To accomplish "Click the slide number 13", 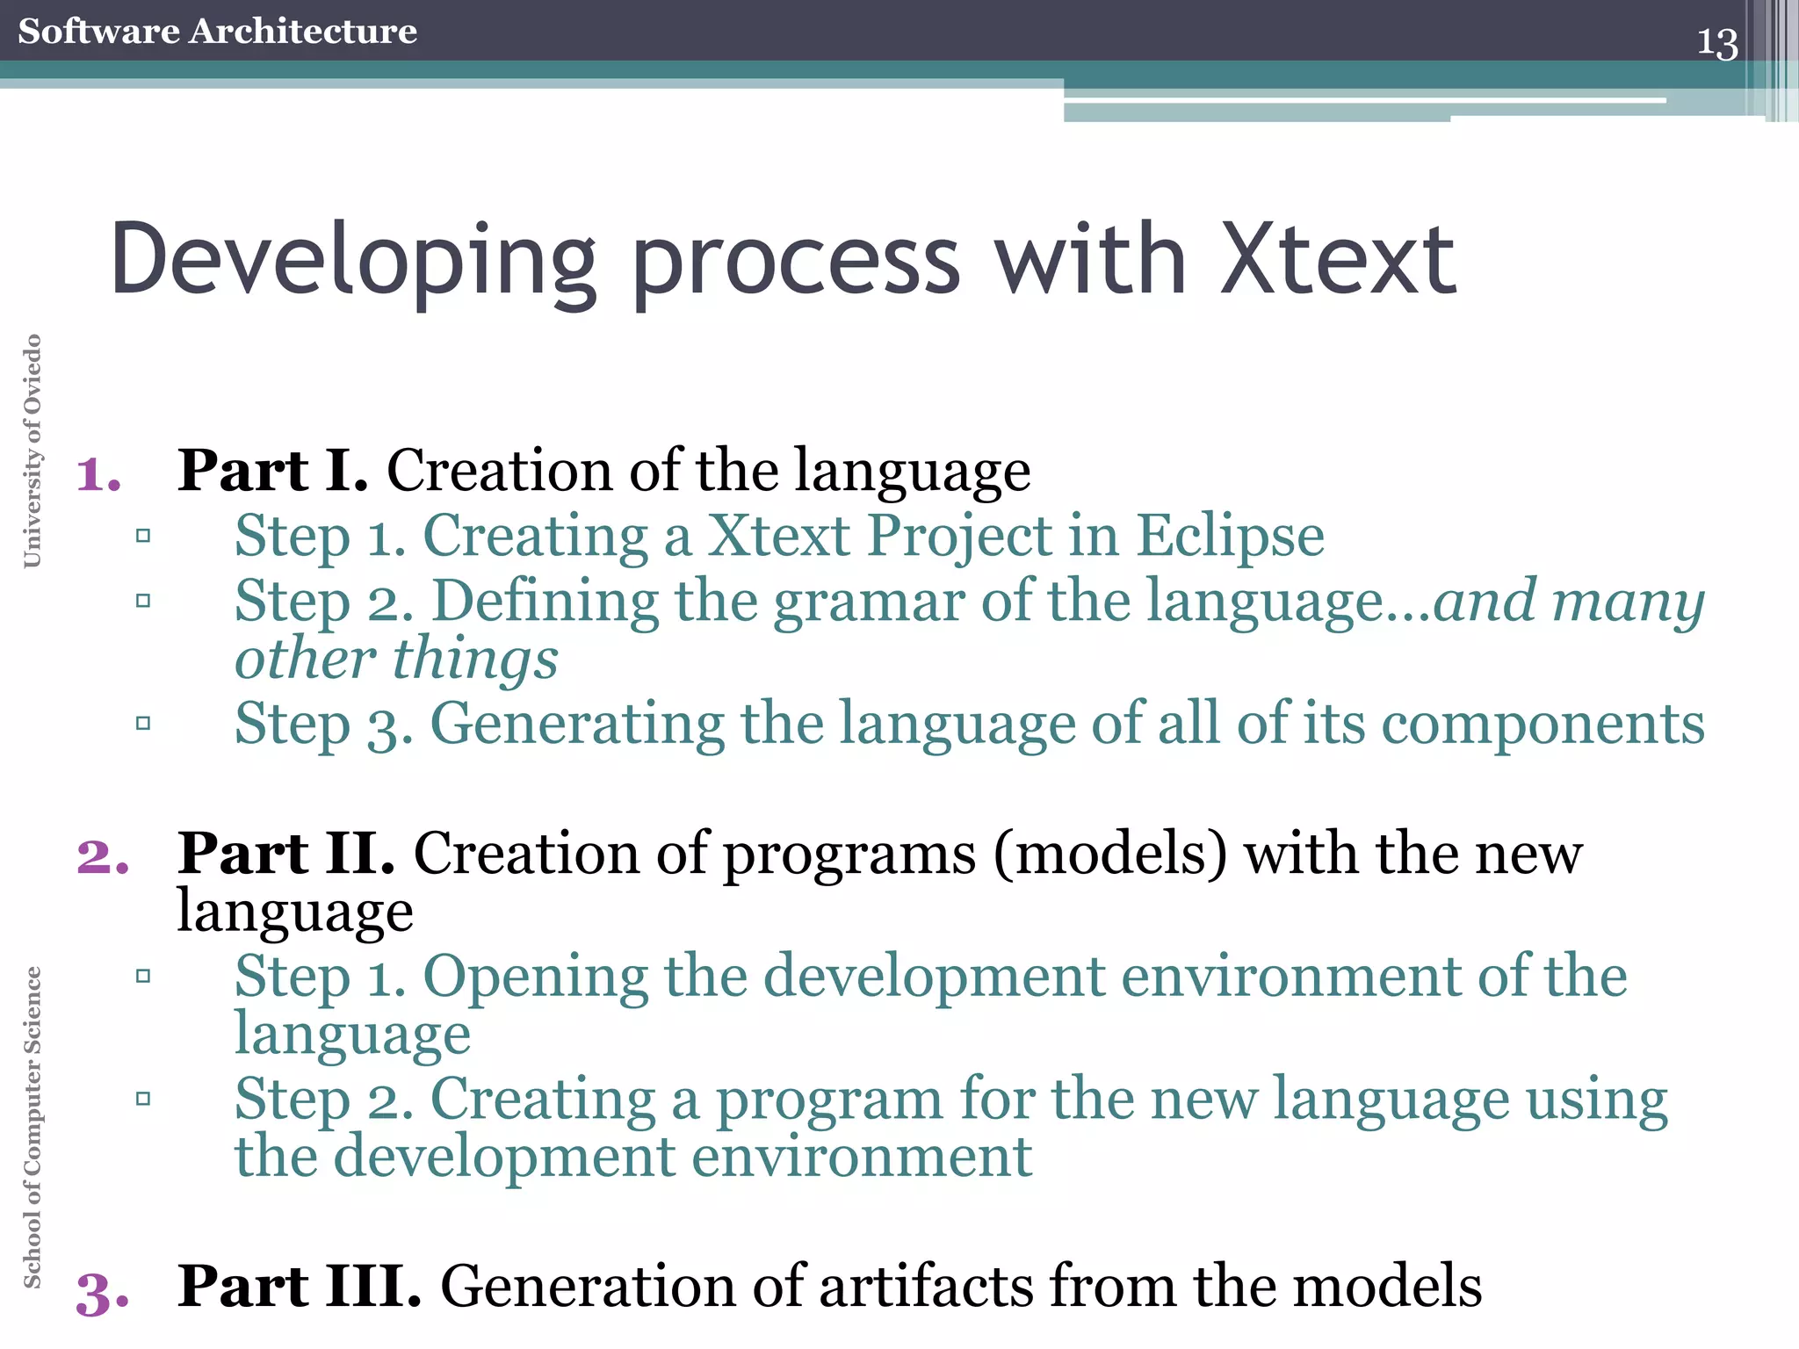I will click(x=1716, y=43).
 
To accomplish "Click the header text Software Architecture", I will click(x=217, y=32).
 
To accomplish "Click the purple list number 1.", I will click(x=98, y=475).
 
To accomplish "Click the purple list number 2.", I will click(x=102, y=857).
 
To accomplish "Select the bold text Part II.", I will click(x=285, y=854).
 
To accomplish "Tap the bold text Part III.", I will click(x=299, y=1287).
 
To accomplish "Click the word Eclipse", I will click(x=1230, y=536).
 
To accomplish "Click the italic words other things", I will click(x=396, y=660).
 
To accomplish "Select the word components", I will click(x=1543, y=725).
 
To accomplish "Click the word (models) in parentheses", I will click(x=1110, y=854).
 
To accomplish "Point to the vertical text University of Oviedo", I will click(x=33, y=451).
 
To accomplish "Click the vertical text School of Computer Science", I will click(x=33, y=1127).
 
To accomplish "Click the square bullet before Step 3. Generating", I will click(x=143, y=724).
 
